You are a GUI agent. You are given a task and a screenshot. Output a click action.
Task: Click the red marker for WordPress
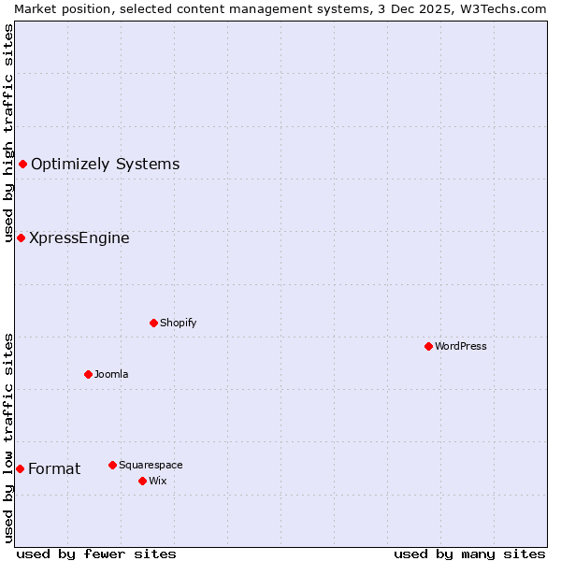click(428, 346)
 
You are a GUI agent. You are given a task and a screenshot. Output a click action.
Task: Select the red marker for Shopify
click(153, 323)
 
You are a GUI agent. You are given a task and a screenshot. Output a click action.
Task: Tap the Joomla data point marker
click(88, 374)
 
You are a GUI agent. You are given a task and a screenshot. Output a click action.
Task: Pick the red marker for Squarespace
click(112, 465)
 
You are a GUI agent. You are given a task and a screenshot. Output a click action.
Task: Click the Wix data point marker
click(142, 481)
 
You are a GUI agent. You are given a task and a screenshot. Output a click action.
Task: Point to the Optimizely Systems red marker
click(22, 165)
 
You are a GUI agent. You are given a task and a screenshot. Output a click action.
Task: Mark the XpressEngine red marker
click(21, 237)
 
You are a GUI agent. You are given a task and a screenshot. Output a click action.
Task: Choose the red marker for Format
click(20, 468)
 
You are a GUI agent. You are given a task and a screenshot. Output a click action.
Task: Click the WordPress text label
click(461, 346)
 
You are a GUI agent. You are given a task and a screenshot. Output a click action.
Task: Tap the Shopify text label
click(178, 323)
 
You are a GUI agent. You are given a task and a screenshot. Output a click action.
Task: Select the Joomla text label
click(111, 374)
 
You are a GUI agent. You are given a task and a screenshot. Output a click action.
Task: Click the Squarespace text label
click(151, 465)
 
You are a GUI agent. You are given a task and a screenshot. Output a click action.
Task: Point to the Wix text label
click(158, 481)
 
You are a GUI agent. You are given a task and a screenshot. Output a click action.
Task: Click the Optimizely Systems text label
click(105, 165)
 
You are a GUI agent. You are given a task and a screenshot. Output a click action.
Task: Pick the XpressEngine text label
click(79, 237)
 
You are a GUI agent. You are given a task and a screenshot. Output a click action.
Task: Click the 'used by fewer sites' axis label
click(96, 554)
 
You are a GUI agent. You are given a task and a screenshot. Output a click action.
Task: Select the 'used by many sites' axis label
click(469, 554)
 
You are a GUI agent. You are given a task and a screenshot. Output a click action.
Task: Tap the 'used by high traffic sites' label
click(8, 133)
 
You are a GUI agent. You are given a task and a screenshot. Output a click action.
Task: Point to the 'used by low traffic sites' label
click(8, 438)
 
